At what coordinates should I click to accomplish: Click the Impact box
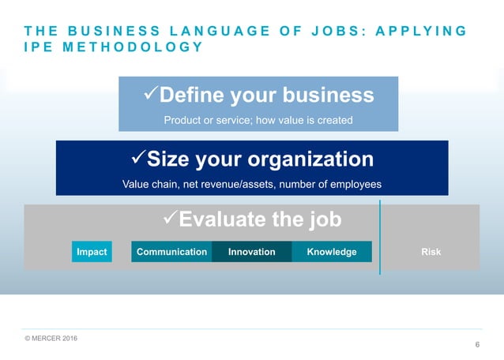92,252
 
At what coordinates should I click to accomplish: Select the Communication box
171,252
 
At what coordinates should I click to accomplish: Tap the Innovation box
252,252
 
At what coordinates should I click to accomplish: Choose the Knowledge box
332,252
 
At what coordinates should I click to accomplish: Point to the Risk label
431,252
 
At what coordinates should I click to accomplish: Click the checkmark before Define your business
149,96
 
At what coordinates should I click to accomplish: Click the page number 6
477,345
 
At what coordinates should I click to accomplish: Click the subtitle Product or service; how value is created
258,120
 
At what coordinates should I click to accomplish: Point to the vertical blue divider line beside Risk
381,237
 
